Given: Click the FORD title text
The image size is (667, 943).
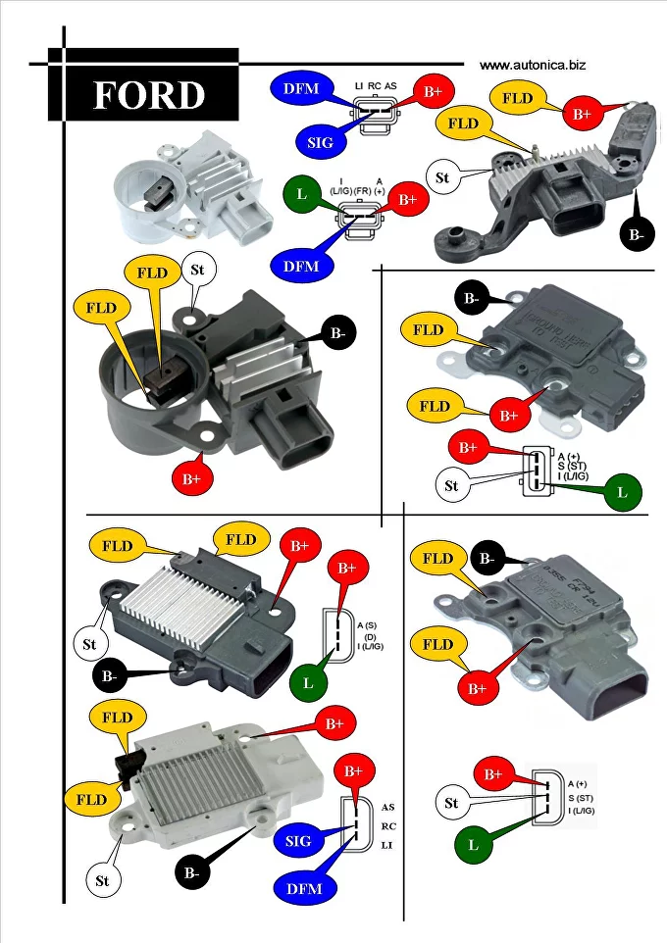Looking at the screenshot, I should pyautogui.click(x=148, y=95).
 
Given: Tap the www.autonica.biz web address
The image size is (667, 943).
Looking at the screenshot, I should pyautogui.click(x=533, y=65).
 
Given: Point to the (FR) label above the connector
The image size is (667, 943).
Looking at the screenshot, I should pyautogui.click(x=362, y=190).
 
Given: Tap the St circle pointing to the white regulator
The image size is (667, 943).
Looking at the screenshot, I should pyautogui.click(x=102, y=880).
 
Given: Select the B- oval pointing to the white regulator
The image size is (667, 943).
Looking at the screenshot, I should pyautogui.click(x=192, y=872).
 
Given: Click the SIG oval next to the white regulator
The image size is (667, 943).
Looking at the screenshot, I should pyautogui.click(x=298, y=841).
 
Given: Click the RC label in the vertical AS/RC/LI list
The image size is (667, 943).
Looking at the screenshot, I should pyautogui.click(x=388, y=826).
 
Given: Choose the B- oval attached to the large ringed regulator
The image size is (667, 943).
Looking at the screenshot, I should pyautogui.click(x=337, y=334).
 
